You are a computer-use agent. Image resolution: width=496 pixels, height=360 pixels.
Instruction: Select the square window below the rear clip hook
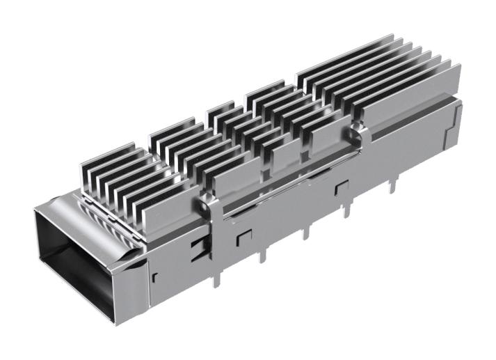[x=341, y=188]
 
